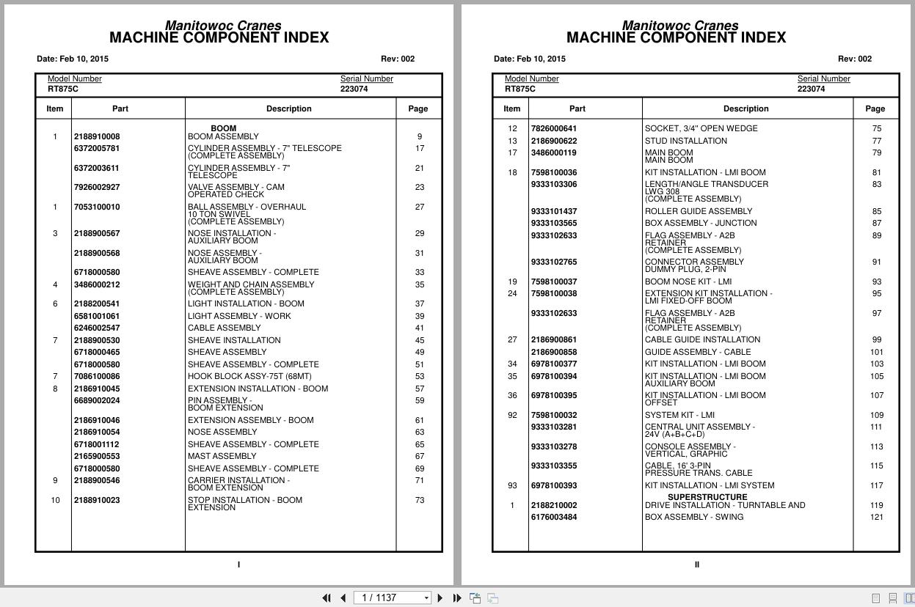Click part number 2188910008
[x=96, y=136]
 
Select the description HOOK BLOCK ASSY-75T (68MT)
[x=249, y=377]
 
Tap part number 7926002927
[x=96, y=187]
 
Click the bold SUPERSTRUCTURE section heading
[x=707, y=497]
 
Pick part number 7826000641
[x=553, y=128]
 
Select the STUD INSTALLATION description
[x=686, y=141]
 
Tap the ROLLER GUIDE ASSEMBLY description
[x=698, y=211]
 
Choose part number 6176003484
[x=553, y=517]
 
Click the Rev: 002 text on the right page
[x=855, y=59]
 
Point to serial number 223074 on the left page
[x=354, y=89]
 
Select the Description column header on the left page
[x=289, y=108]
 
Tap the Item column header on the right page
[x=512, y=108]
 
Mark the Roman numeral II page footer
[x=696, y=564]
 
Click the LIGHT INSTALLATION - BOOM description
[x=246, y=303]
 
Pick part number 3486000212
[x=96, y=284]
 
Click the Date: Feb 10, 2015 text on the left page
[x=73, y=59]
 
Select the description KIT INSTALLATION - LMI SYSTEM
[x=710, y=485]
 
